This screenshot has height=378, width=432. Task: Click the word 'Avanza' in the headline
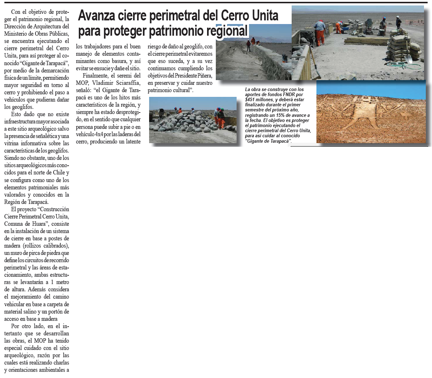pos(96,15)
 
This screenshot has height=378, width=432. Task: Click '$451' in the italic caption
pos(250,99)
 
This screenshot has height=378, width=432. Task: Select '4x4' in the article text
pos(98,134)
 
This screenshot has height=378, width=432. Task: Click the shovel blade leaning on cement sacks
pos(409,58)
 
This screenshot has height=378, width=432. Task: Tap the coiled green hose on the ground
pos(397,66)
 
